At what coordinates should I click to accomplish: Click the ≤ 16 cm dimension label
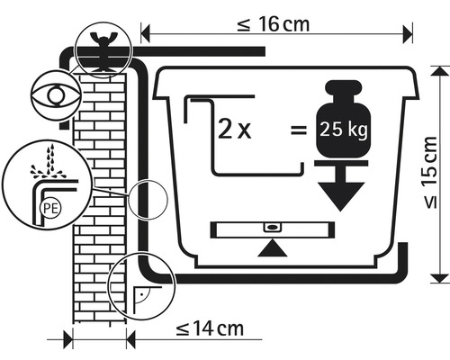pos(273,24)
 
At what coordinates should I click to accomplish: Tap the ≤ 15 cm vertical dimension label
pos(431,172)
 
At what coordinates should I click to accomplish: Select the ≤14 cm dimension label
pos(210,329)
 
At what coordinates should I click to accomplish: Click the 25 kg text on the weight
pos(343,130)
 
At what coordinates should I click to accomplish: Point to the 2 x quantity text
pos(234,130)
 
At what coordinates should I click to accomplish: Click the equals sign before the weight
pos(299,130)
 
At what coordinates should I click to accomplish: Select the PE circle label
pos(50,208)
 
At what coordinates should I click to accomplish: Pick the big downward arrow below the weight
pos(341,186)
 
